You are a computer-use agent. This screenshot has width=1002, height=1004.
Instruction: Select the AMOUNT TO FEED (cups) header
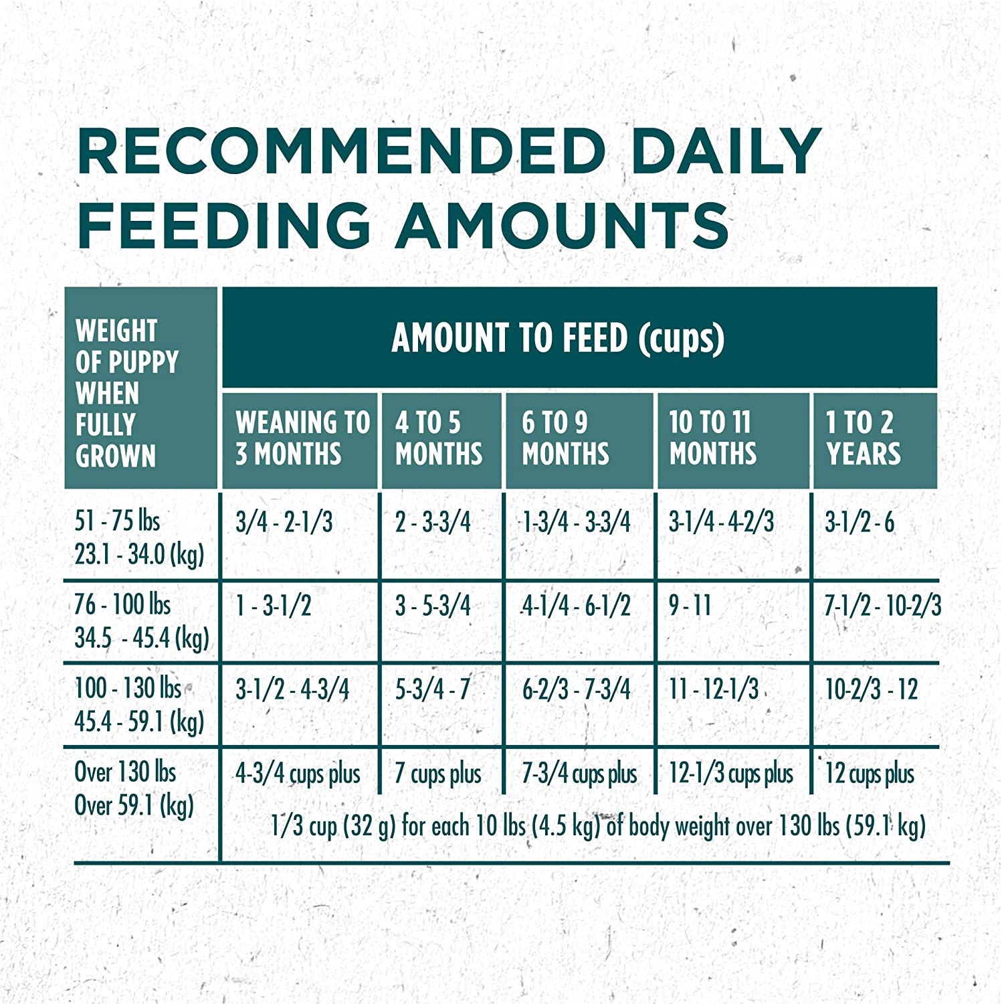point(558,337)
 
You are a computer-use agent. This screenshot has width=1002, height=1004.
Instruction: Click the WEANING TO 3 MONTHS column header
point(301,438)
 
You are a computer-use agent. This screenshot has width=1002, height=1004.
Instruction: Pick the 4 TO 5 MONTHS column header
point(438,438)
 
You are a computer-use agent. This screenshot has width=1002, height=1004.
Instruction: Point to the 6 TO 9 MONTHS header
point(565,438)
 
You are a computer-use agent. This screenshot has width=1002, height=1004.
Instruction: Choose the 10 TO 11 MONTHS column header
point(713,438)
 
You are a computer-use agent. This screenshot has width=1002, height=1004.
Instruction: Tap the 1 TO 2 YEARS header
point(863,438)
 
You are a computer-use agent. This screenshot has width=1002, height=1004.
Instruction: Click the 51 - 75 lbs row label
point(139,537)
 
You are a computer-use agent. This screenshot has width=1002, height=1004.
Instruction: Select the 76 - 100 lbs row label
point(140,621)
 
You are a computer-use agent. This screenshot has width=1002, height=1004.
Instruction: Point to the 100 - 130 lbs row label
point(139,705)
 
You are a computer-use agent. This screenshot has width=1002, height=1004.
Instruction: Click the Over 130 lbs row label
point(134,788)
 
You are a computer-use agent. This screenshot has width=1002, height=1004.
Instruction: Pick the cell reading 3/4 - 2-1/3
point(284,522)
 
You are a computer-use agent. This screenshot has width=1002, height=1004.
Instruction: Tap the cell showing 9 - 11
point(690,606)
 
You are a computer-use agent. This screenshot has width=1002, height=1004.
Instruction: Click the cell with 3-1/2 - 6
point(859,522)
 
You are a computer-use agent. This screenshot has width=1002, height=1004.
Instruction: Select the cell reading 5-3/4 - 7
point(432,689)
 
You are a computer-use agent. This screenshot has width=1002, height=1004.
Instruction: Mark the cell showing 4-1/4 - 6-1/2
point(576,606)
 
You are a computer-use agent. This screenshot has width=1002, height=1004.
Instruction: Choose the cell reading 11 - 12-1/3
point(713,689)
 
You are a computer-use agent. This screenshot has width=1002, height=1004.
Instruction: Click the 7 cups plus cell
point(437,774)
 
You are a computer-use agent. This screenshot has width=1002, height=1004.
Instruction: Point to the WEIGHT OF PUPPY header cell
point(127,393)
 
